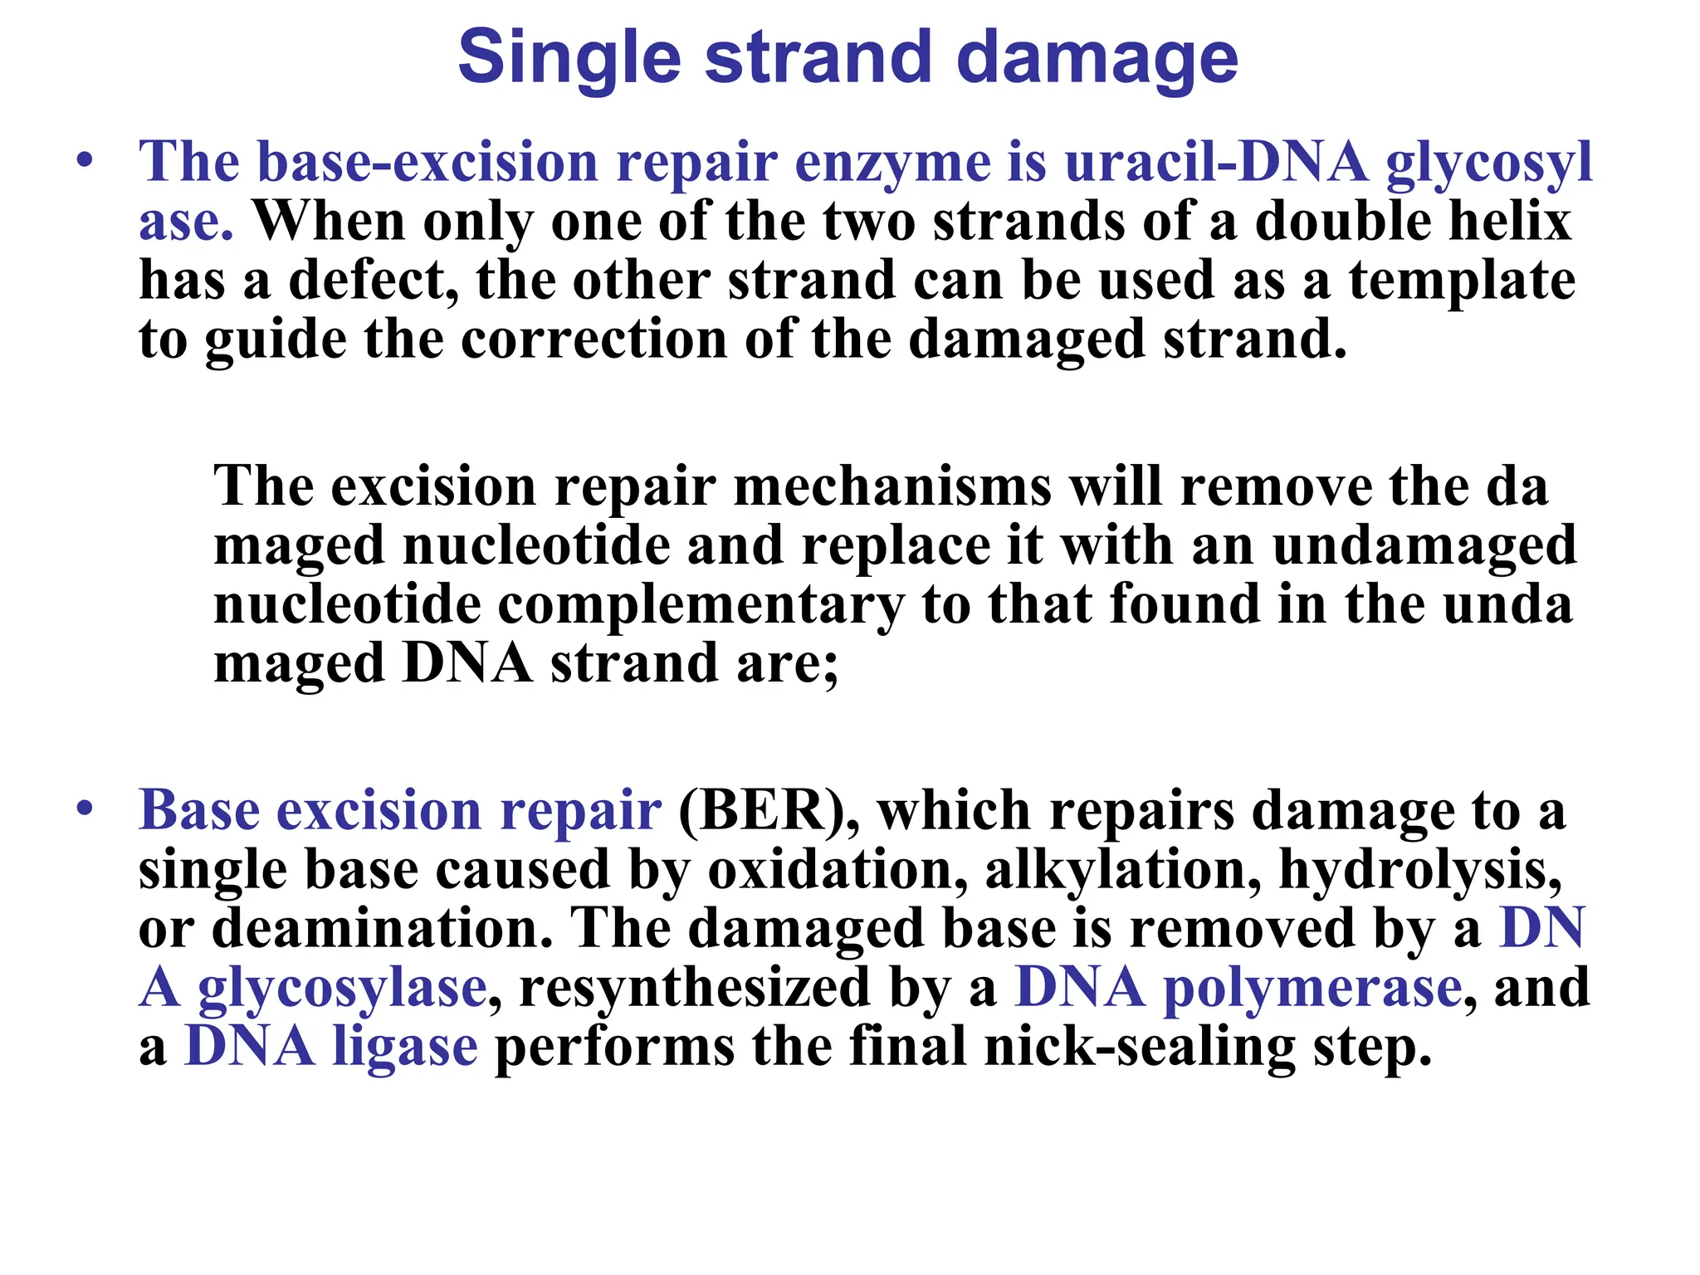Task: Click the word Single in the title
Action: click(569, 58)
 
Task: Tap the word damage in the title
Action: click(1097, 58)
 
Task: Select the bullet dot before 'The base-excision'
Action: click(83, 160)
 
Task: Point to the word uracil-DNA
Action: click(1215, 161)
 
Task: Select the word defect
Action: click(373, 281)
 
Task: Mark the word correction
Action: click(594, 340)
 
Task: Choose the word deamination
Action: click(383, 928)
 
